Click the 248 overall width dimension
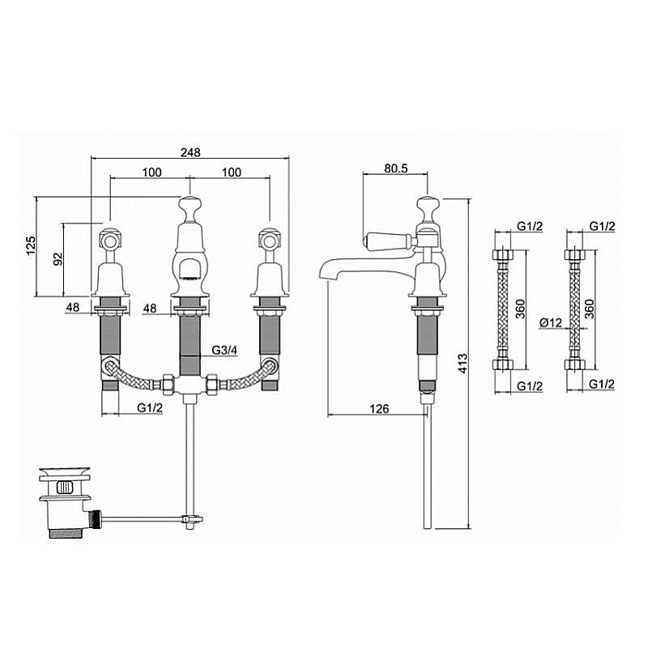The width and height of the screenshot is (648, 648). [x=190, y=152]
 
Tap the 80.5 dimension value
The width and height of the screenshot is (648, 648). [x=395, y=168]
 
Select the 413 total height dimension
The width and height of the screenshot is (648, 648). [x=463, y=363]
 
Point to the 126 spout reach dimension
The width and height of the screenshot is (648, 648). [x=379, y=409]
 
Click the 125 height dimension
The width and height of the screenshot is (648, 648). [x=32, y=246]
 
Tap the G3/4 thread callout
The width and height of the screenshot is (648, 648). [x=225, y=350]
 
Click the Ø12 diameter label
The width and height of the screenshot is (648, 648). [x=552, y=322]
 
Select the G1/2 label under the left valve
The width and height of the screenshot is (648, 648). [x=150, y=407]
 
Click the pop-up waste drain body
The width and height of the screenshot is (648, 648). [x=65, y=503]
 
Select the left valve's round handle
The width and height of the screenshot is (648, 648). [x=110, y=240]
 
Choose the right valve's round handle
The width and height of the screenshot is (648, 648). [x=269, y=240]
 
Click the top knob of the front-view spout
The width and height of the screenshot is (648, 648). [x=190, y=203]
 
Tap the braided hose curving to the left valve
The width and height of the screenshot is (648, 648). [x=132, y=375]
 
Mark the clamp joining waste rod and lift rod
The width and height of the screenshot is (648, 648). [x=191, y=519]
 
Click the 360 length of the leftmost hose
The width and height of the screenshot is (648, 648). [x=520, y=309]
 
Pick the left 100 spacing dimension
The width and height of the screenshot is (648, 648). [x=152, y=173]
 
